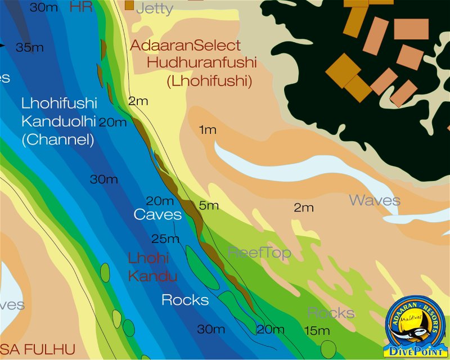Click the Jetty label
tap(155, 8)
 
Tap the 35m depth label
tap(30, 48)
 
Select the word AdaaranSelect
tap(185, 46)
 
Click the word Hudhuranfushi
tap(201, 62)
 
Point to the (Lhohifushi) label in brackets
tap(208, 80)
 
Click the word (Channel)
tap(58, 140)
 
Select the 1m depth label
tap(208, 130)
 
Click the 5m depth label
tap(209, 206)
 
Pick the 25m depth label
tap(165, 239)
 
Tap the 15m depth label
tap(317, 331)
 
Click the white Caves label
tap(157, 215)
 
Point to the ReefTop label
tap(259, 253)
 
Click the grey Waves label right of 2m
tap(375, 200)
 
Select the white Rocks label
tap(185, 300)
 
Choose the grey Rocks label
tap(331, 313)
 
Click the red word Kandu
tap(152, 276)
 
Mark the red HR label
tap(80, 7)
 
